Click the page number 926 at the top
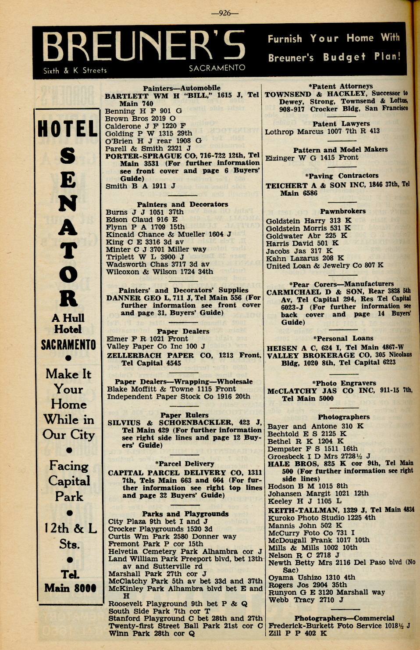pos(224,13)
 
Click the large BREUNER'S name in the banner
pos(144,47)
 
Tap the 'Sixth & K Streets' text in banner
pos(75,70)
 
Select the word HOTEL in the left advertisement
pos(68,129)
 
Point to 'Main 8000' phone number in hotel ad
pos(70,588)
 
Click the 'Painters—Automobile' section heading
pos(182,88)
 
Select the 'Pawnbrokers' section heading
pos(342,211)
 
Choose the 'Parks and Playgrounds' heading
pos(185,514)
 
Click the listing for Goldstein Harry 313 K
pos(309,221)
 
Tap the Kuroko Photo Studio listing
pos(322,517)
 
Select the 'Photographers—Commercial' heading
pos(344,618)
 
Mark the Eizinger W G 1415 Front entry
pos(312,158)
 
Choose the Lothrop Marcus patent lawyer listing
pos(322,131)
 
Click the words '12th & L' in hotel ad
pos(70,528)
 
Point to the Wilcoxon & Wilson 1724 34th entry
pos(160,272)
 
